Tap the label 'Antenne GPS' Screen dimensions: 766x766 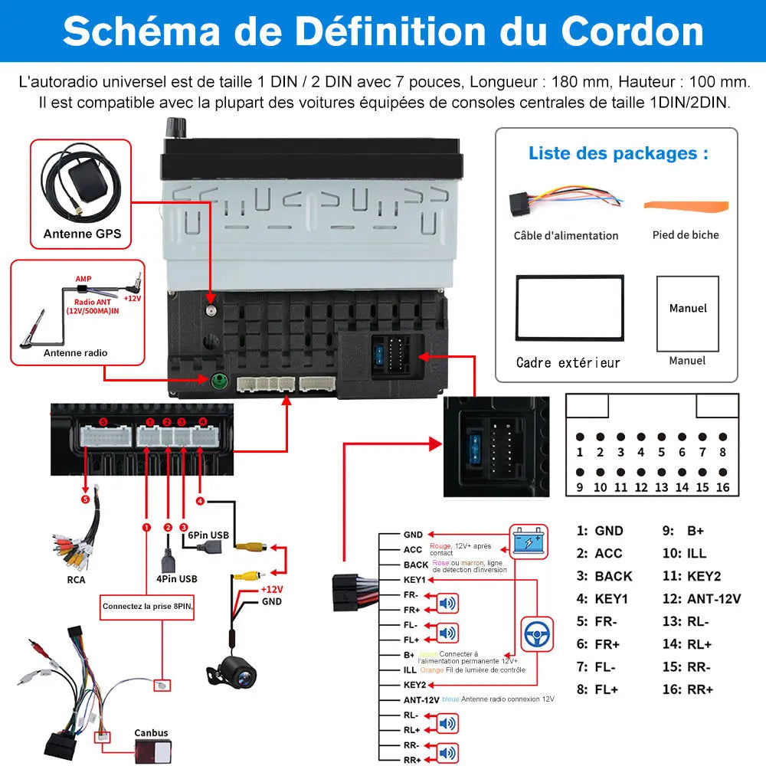(x=82, y=234)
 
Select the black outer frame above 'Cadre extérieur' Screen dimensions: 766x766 (x=569, y=306)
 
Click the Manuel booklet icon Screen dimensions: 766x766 (x=687, y=313)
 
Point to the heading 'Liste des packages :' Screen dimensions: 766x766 (x=617, y=153)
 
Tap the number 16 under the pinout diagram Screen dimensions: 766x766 (x=722, y=487)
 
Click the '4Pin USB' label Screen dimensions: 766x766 (x=176, y=578)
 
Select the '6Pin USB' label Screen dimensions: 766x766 (x=208, y=535)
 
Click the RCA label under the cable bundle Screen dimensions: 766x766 (x=76, y=579)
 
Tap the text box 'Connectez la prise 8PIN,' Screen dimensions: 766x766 (x=148, y=607)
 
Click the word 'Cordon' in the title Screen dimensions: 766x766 (x=632, y=31)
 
